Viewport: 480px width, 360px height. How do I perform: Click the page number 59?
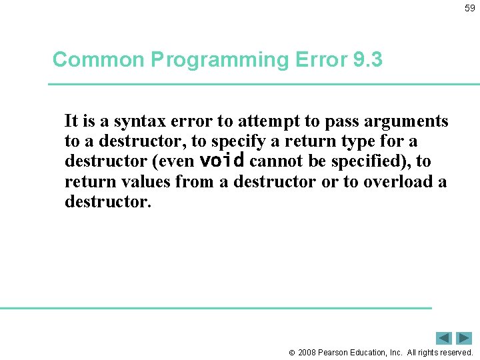click(x=469, y=8)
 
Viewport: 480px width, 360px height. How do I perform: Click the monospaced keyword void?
click(x=222, y=161)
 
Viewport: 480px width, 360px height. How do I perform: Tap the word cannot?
click(x=274, y=162)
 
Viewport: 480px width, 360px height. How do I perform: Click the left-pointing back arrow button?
click(x=444, y=338)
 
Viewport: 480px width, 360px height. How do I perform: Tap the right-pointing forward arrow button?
click(x=464, y=338)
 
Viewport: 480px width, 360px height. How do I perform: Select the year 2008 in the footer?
click(x=307, y=352)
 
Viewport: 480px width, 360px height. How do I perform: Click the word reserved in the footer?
click(x=454, y=352)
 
